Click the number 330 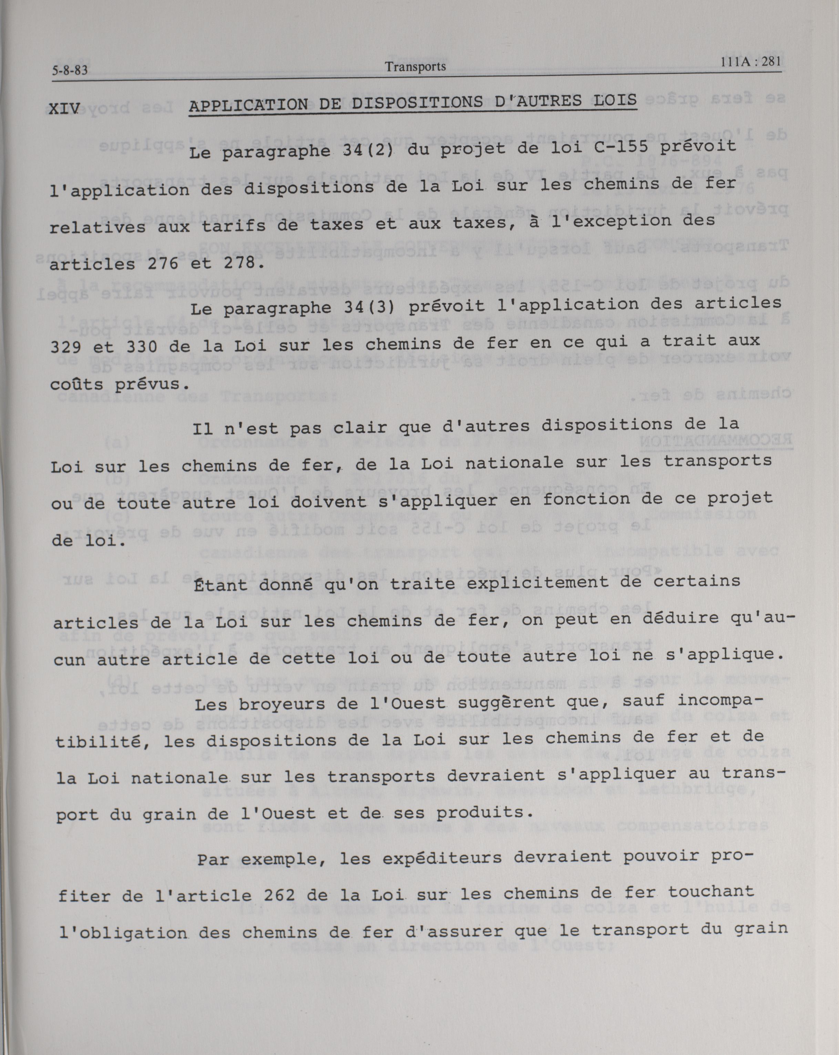pyautogui.click(x=142, y=347)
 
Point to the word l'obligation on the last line pyautogui.click(x=123, y=933)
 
